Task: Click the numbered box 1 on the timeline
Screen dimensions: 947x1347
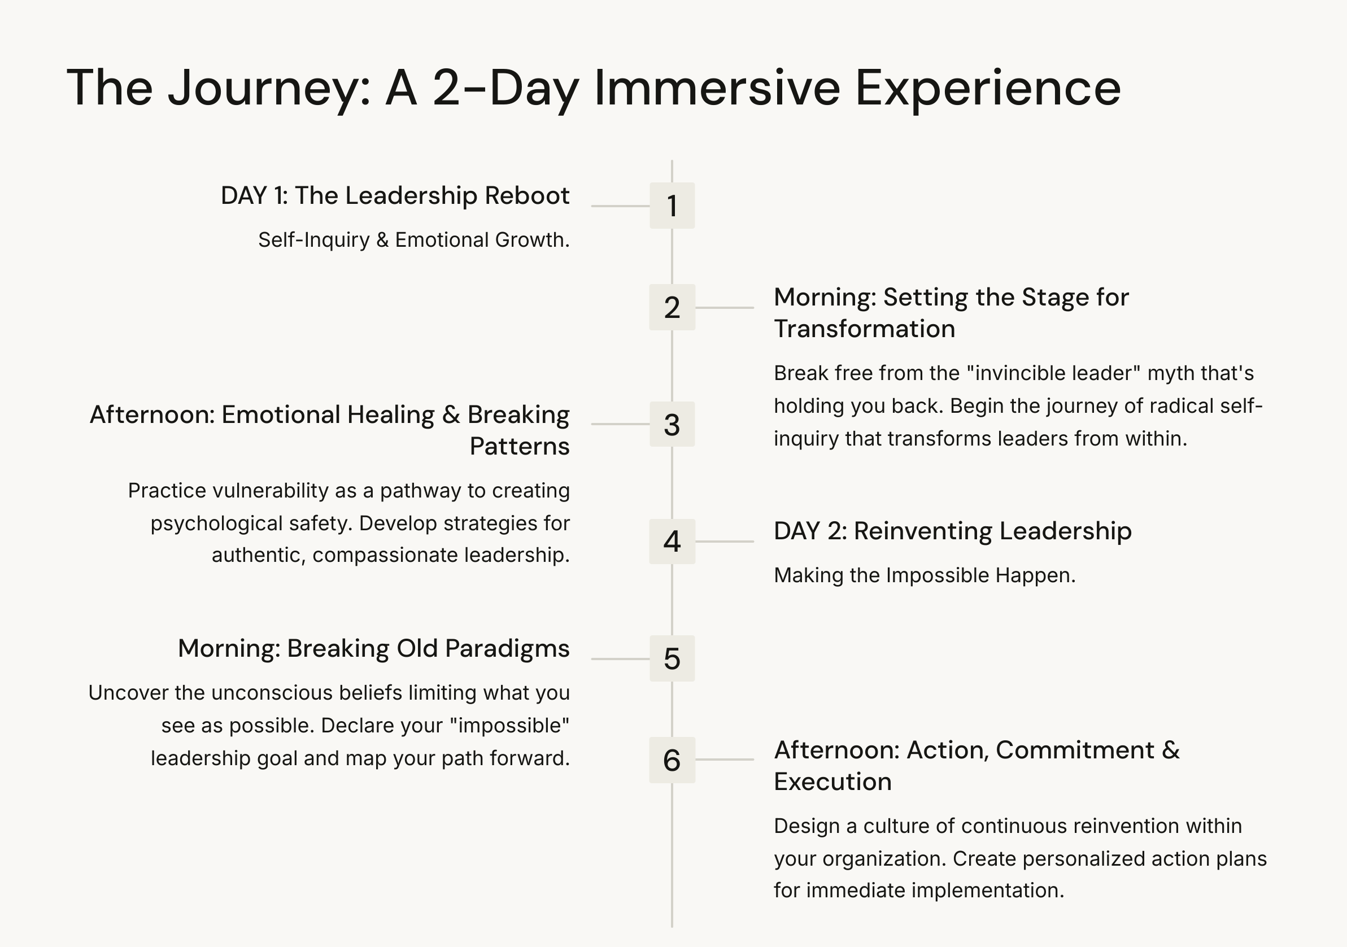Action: pos(672,206)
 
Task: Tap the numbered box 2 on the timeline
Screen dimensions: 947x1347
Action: pos(672,307)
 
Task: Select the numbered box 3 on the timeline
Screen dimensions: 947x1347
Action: pos(672,424)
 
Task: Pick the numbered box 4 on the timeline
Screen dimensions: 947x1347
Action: pos(672,541)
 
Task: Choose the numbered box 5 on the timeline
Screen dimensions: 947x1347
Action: pos(672,658)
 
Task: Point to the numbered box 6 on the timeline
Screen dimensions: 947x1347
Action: pos(672,760)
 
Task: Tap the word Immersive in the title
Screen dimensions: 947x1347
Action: pos(717,88)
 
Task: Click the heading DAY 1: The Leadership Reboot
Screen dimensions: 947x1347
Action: pos(395,195)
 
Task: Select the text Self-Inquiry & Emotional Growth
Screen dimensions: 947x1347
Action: pos(413,240)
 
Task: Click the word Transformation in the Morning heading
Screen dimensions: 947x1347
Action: pos(864,329)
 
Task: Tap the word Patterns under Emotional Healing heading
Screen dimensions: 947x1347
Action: pos(519,447)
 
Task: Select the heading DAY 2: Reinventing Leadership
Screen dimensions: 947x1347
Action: pos(952,531)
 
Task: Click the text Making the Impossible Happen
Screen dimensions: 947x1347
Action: pos(924,575)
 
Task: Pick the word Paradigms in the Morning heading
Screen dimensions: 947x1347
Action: pos(507,648)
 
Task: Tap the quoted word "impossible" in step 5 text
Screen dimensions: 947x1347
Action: pos(509,726)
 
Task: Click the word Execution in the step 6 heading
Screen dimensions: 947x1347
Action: pos(832,782)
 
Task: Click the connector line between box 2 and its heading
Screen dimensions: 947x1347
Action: pos(725,307)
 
